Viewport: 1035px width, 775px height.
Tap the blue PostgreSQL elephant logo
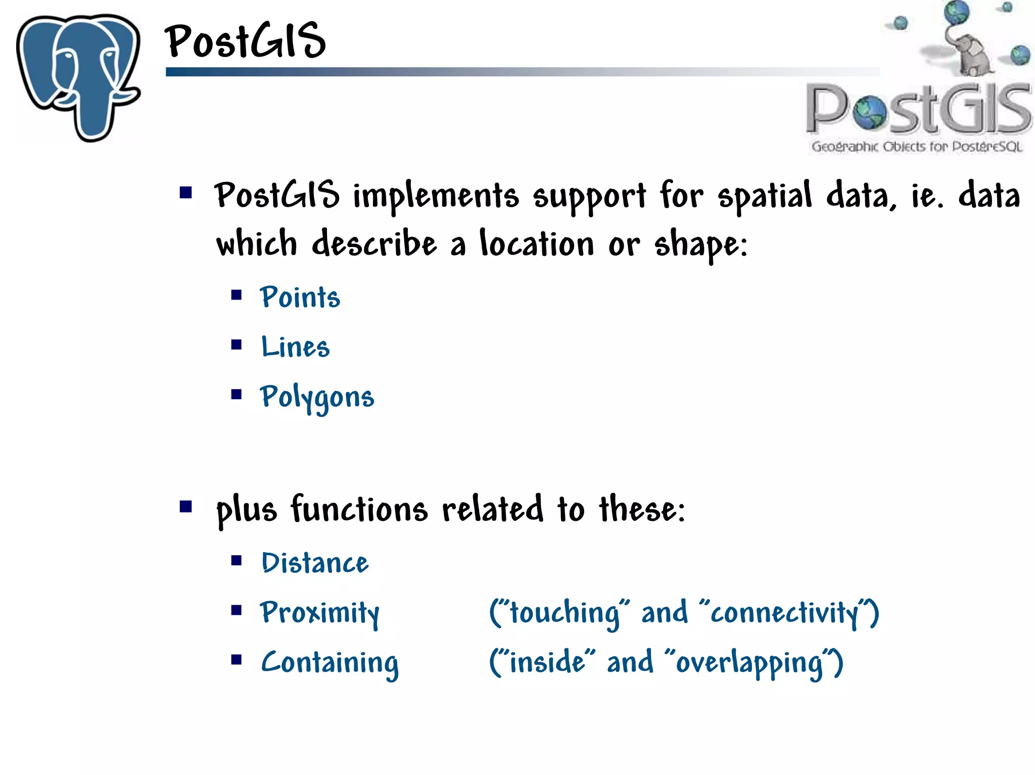(x=78, y=76)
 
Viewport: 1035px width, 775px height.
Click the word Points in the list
(x=300, y=297)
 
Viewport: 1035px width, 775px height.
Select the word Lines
(x=295, y=347)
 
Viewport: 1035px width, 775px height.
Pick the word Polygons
(x=317, y=398)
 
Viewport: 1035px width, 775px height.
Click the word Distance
(x=315, y=563)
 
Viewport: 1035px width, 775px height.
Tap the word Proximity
(x=319, y=613)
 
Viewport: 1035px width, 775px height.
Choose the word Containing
(x=330, y=662)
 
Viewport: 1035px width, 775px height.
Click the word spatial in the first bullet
(x=765, y=196)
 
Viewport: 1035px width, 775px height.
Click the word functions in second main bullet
(x=359, y=509)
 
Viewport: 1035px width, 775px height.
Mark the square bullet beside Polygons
(x=237, y=395)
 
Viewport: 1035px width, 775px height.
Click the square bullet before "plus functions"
(x=186, y=506)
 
